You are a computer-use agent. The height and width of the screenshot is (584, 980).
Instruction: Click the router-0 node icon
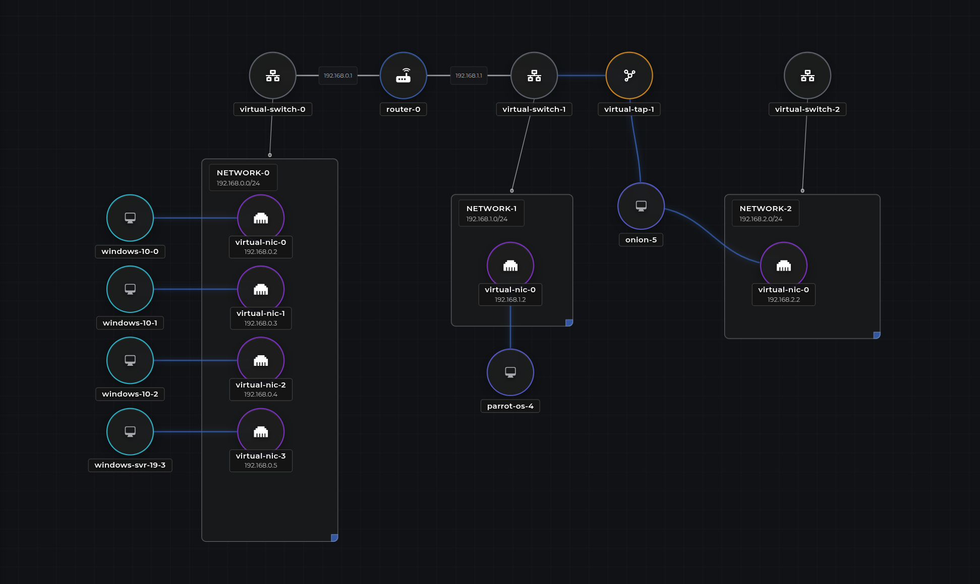(x=403, y=76)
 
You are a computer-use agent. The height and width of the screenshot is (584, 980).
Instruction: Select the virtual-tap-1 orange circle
(x=629, y=76)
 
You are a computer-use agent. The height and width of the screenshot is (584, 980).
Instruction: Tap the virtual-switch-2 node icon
(x=807, y=76)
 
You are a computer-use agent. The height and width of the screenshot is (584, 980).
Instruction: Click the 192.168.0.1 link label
(x=338, y=76)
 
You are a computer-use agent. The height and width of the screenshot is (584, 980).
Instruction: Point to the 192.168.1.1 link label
(x=469, y=76)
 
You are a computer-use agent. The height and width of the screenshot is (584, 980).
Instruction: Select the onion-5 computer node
(x=641, y=206)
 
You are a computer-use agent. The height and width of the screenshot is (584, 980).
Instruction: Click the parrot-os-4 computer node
(x=510, y=372)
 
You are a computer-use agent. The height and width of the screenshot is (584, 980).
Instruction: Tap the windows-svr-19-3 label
(x=130, y=465)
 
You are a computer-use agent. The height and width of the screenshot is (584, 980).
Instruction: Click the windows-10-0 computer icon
(x=130, y=218)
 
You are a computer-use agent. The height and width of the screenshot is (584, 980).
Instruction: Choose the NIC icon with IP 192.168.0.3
(x=261, y=289)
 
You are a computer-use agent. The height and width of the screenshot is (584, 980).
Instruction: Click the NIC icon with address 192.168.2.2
(x=783, y=265)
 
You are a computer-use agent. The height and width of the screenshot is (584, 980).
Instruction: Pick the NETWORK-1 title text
(x=491, y=209)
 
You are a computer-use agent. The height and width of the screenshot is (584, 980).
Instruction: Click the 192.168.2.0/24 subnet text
(x=761, y=219)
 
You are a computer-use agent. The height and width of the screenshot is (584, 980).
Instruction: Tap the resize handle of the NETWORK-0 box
(x=334, y=538)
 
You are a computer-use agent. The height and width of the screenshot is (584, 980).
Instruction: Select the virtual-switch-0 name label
(x=272, y=109)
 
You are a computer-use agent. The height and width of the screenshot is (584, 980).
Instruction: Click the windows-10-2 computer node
(x=130, y=360)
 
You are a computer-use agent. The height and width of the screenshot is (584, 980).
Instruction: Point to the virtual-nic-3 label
(x=261, y=456)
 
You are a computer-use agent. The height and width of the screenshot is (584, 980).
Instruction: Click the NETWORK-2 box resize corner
(x=877, y=335)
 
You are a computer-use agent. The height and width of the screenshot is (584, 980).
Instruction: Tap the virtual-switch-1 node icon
(x=534, y=76)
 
